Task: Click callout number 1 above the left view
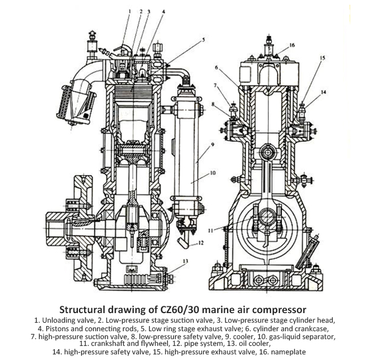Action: (129, 11)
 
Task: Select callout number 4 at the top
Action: (164, 11)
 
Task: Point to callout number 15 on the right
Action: (322, 58)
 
